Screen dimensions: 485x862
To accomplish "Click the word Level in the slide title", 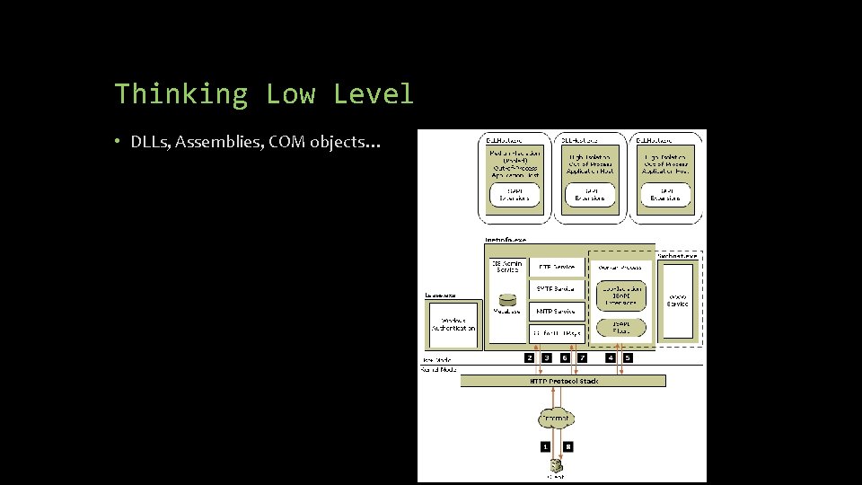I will [x=373, y=94].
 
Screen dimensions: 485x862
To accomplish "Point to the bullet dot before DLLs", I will [x=119, y=142].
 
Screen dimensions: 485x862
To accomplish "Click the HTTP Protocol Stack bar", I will [x=563, y=381].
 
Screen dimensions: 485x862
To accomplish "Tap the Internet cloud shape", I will [x=556, y=418].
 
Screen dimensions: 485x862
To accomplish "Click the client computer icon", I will [x=557, y=465].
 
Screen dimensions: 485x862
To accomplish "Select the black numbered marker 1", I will [x=544, y=445].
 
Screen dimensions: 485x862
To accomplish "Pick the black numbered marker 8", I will [x=567, y=445].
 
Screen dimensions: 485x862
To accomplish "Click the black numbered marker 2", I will [x=530, y=357].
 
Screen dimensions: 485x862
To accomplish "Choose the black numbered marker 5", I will [x=628, y=357].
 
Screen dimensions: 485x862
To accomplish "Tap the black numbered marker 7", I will [x=582, y=357].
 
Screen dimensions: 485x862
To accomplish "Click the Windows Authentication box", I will [x=453, y=324].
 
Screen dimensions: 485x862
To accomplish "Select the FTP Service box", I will [x=557, y=267].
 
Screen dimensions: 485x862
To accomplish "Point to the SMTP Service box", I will [x=557, y=288].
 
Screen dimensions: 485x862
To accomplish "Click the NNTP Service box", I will [x=557, y=311].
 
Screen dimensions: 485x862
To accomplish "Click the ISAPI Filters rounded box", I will [x=620, y=327].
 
